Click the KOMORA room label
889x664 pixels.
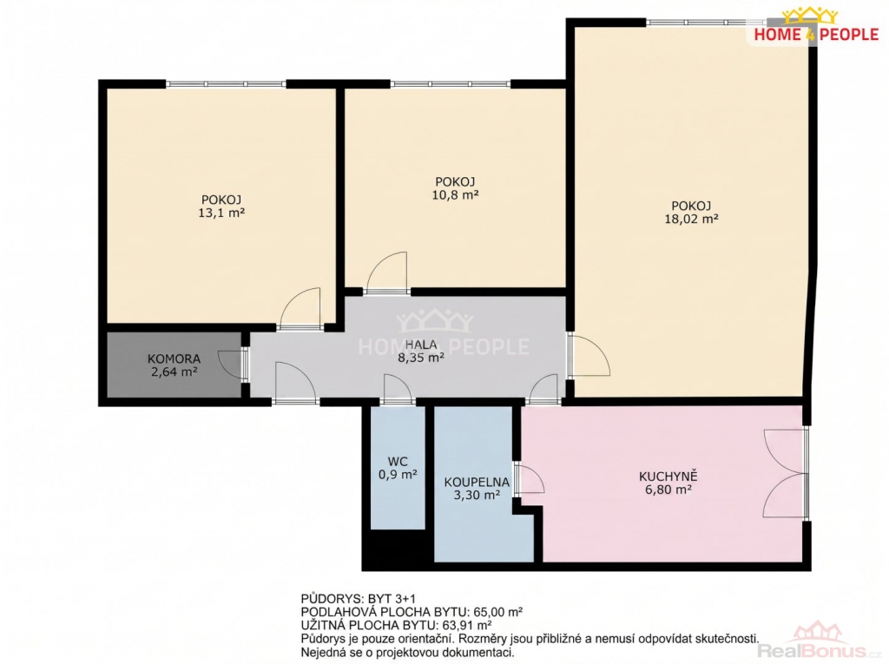pos(174,359)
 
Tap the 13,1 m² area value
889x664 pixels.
pos(221,214)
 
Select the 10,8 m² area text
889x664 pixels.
pos(455,195)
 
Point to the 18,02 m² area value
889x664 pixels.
pos(691,219)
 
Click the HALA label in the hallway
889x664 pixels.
pos(421,345)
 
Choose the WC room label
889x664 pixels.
pos(398,462)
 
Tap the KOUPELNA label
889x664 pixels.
pos(477,483)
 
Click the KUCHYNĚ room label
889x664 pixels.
pos(668,477)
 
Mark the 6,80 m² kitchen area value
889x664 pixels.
pos(668,490)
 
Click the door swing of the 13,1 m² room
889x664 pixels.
pos(301,308)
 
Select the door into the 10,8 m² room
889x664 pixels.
pos(386,273)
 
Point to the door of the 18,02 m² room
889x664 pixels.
pos(589,355)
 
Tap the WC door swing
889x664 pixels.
pos(398,389)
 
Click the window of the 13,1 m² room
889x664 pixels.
pos(227,84)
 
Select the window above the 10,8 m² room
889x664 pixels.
pos(451,84)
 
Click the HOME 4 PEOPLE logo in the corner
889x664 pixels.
pos(816,25)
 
